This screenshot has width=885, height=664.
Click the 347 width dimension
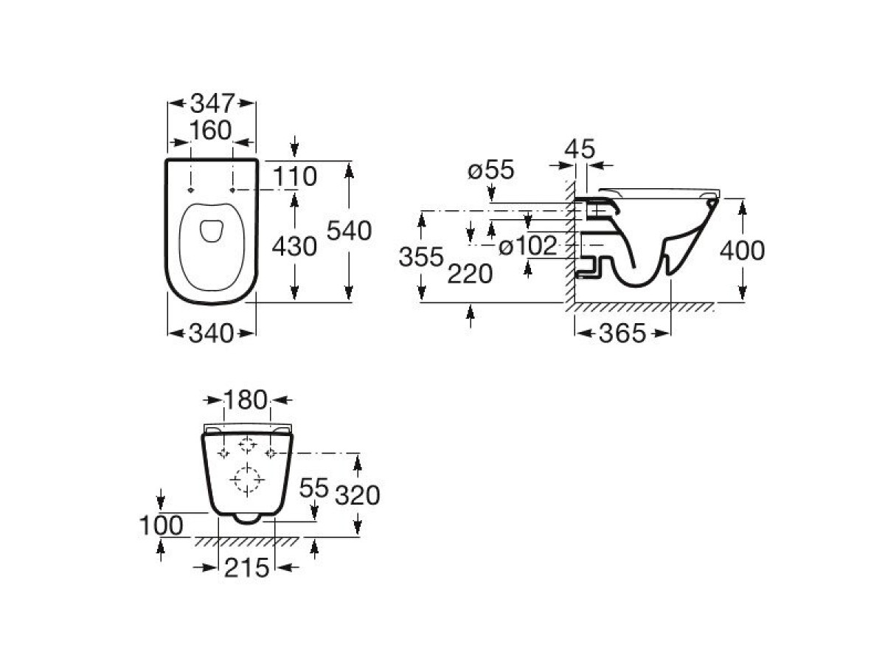[x=212, y=103]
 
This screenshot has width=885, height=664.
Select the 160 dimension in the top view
[x=210, y=130]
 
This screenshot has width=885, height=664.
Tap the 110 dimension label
[x=295, y=176]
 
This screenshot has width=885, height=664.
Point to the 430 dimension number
[x=294, y=246]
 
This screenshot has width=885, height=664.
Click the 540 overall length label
[x=349, y=231]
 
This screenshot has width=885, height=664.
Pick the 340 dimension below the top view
[x=211, y=333]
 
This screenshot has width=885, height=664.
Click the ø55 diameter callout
[x=491, y=170]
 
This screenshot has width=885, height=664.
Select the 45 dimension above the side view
[x=580, y=149]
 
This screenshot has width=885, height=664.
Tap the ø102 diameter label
[x=528, y=246]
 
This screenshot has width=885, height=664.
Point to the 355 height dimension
[x=421, y=257]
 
